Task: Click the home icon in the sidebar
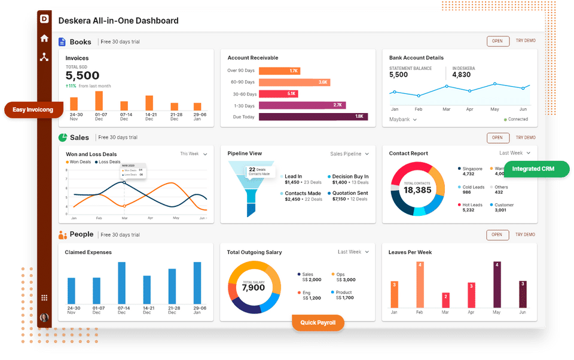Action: [x=44, y=38]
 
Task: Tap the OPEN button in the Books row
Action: [x=497, y=41]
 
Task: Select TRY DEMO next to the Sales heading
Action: [x=526, y=137]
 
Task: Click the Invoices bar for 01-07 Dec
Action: [x=99, y=100]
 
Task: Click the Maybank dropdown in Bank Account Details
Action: [x=403, y=120]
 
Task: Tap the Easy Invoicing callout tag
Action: [x=33, y=110]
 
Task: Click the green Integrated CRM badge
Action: [x=533, y=169]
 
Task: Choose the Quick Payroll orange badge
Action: [x=318, y=323]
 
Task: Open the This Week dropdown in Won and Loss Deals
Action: [x=194, y=154]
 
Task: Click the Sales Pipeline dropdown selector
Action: [x=349, y=154]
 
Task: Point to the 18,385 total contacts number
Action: [x=417, y=190]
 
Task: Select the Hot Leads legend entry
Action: [x=472, y=208]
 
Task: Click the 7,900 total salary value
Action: [x=254, y=288]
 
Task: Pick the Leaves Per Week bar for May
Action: [x=496, y=284]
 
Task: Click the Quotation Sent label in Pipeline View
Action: [x=349, y=193]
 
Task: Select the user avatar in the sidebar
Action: [x=44, y=318]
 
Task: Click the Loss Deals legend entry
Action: [x=107, y=161]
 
